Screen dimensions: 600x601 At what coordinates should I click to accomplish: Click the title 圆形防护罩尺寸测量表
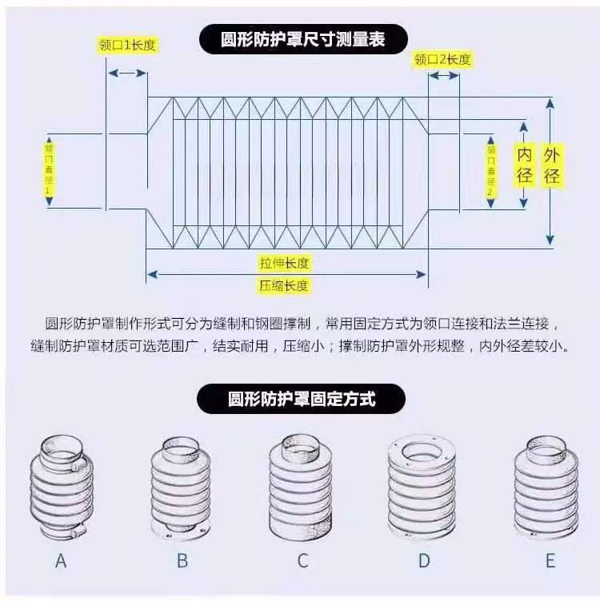(x=302, y=39)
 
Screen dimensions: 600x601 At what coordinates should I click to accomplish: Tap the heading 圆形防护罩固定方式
(x=302, y=399)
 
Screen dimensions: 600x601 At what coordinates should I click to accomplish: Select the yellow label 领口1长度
(x=127, y=45)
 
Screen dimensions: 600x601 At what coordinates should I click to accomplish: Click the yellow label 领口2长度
(x=442, y=59)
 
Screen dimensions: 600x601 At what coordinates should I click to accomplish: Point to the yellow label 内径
(x=524, y=165)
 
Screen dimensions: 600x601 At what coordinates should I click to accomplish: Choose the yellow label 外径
(x=552, y=165)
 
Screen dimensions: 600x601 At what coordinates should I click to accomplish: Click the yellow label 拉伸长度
(x=284, y=263)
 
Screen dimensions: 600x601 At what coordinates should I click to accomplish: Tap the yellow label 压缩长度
(x=283, y=285)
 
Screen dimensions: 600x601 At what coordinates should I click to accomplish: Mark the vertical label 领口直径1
(x=49, y=169)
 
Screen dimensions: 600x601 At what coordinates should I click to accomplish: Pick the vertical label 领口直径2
(x=491, y=169)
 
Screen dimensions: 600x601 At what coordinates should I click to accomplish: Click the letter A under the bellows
(x=61, y=561)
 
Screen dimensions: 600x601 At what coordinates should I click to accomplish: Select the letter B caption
(x=182, y=561)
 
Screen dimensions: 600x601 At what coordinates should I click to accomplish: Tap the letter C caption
(x=302, y=561)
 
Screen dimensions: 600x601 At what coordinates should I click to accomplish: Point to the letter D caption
(x=424, y=561)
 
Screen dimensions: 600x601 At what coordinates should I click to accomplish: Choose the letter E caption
(x=550, y=561)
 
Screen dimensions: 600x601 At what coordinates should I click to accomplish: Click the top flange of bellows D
(x=422, y=460)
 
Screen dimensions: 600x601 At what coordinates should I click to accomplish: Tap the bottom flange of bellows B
(x=180, y=532)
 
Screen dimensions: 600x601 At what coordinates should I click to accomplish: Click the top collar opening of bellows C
(x=300, y=441)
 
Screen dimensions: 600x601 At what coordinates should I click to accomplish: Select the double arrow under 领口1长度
(x=127, y=73)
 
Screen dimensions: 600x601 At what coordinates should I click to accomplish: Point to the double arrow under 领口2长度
(x=444, y=75)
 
